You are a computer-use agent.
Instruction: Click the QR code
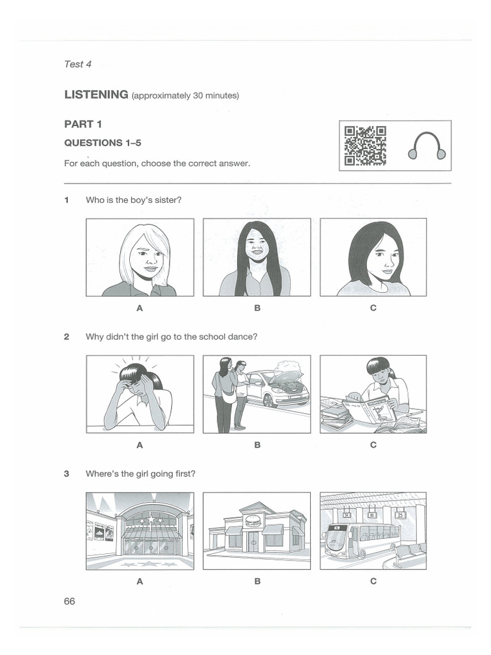(x=365, y=146)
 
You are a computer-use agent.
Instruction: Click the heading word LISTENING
(x=96, y=95)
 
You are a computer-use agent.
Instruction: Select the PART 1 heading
(x=82, y=124)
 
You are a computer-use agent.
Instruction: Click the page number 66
(x=69, y=601)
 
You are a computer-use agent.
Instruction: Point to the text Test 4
(x=77, y=64)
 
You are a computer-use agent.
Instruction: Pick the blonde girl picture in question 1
(x=140, y=257)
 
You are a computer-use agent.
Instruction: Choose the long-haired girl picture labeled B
(x=257, y=257)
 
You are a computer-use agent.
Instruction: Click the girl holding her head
(x=140, y=393)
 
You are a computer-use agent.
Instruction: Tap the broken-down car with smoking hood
(x=278, y=387)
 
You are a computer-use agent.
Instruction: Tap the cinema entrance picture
(x=140, y=530)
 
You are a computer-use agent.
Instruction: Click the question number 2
(x=66, y=336)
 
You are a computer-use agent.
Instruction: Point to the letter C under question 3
(x=373, y=581)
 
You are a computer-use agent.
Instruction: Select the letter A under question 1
(x=139, y=308)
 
